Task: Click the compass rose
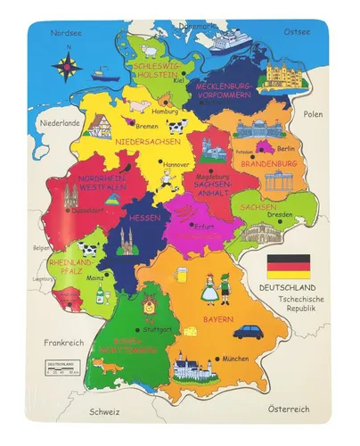(x=65, y=66)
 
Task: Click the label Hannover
(x=176, y=164)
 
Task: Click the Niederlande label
(x=60, y=122)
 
